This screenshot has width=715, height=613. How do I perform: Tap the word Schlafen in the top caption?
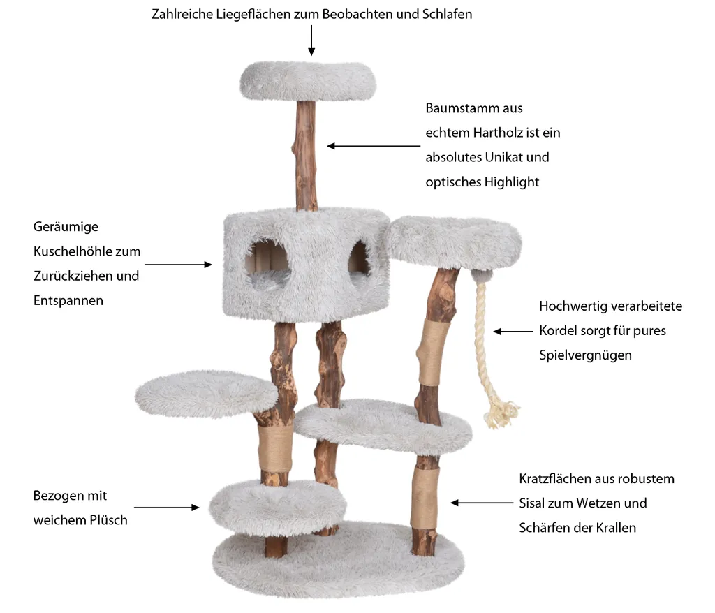[x=447, y=14]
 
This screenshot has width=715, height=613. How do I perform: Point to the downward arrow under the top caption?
[x=311, y=40]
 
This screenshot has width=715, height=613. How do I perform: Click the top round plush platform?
[x=308, y=81]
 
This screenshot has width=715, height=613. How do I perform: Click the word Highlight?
[x=512, y=182]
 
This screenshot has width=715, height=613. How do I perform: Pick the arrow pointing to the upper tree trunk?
[x=374, y=146]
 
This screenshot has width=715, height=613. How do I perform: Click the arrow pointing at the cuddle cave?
[x=178, y=265]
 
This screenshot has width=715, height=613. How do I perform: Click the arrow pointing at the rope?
[x=513, y=332]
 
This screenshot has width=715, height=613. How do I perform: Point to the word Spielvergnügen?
[x=586, y=355]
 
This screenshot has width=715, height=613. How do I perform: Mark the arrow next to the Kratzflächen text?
[x=482, y=503]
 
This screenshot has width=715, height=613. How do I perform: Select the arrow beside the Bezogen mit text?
[x=166, y=507]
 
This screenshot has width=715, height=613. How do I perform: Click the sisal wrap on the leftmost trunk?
[x=275, y=448]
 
